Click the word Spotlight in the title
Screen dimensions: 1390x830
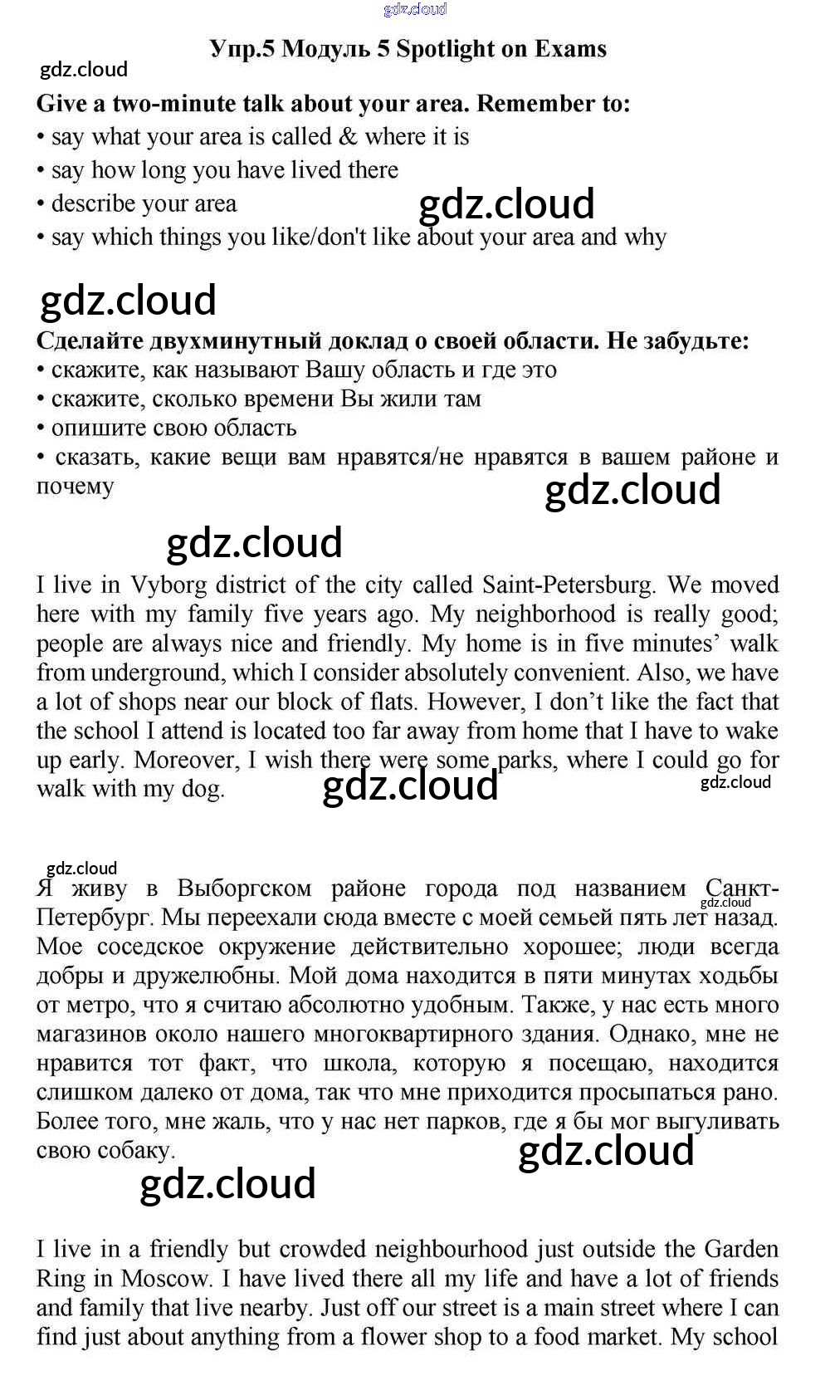(x=445, y=49)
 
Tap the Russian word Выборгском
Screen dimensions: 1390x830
(x=247, y=888)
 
